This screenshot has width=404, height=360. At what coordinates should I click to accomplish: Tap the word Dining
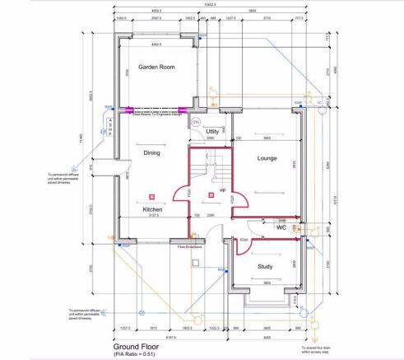point(152,152)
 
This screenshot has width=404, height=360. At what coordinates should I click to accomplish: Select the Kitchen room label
point(152,210)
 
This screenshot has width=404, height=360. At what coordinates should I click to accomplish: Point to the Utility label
point(211,131)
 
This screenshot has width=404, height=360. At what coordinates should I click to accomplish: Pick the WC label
point(281,228)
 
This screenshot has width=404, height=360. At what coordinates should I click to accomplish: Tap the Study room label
point(265,265)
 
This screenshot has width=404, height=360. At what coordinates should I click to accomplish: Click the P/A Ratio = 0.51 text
point(136,355)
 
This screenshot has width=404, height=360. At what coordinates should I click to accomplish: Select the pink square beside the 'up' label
point(212,194)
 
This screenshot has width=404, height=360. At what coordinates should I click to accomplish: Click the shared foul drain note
point(317,350)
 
